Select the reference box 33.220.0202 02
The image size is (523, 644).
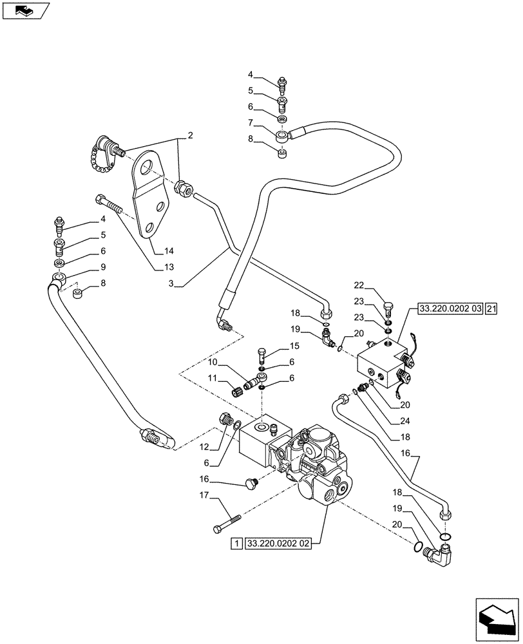(x=278, y=544)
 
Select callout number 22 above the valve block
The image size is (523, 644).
(x=359, y=286)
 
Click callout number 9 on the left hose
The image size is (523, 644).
(x=84, y=267)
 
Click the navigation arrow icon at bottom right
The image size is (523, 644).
(x=496, y=618)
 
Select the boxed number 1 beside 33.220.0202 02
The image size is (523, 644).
(x=236, y=544)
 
